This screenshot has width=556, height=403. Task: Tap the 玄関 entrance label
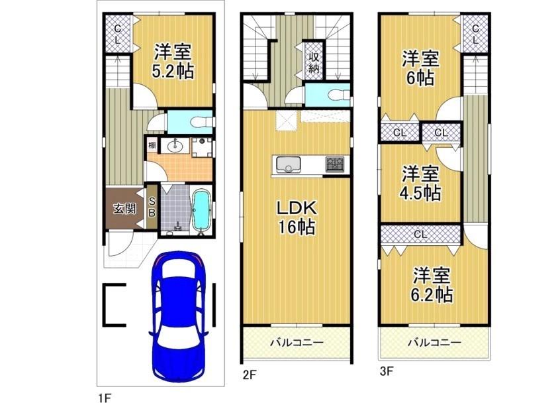click(x=124, y=209)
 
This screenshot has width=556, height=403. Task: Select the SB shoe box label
click(x=152, y=207)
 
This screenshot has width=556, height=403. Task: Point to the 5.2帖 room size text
click(x=173, y=72)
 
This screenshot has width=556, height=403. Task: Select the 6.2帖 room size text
click(x=434, y=294)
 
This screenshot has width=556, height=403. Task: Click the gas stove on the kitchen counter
click(x=335, y=164)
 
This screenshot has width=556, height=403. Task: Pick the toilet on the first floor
click(x=200, y=122)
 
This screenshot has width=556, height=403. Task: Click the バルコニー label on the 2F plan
click(x=296, y=343)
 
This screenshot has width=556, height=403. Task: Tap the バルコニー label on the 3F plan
click(x=434, y=343)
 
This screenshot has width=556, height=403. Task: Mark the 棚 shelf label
click(x=152, y=145)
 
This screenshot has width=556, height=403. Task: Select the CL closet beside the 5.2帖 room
click(x=116, y=34)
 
